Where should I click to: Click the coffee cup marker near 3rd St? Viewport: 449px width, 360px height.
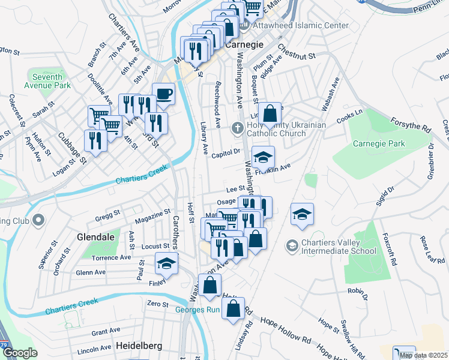point(163,94)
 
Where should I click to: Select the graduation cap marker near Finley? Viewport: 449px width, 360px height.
point(167,263)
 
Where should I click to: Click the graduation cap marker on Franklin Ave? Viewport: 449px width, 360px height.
point(263,157)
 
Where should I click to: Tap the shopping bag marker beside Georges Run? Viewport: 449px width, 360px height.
point(234,309)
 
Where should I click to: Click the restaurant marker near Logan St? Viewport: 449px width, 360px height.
point(95,140)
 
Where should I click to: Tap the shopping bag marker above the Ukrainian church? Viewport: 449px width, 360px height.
point(270,113)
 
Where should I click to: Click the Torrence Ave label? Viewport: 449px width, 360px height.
point(111,257)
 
